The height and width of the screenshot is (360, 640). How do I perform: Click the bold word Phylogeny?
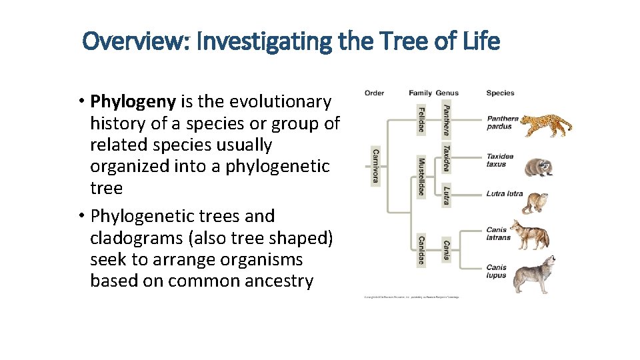pyautogui.click(x=133, y=102)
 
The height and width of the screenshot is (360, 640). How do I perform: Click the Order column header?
pyautogui.click(x=374, y=93)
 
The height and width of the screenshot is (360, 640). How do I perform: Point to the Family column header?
pyautogui.click(x=420, y=93)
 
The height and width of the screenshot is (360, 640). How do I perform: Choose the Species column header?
pyautogui.click(x=500, y=93)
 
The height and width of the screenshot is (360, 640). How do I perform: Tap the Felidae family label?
pyautogui.click(x=421, y=119)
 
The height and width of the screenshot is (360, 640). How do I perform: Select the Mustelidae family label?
pyautogui.click(x=421, y=177)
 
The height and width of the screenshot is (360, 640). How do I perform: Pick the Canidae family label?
pyautogui.click(x=421, y=250)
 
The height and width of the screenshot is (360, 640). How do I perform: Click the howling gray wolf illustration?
pyautogui.click(x=535, y=274)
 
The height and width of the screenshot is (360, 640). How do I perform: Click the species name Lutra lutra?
pyautogui.click(x=504, y=194)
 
